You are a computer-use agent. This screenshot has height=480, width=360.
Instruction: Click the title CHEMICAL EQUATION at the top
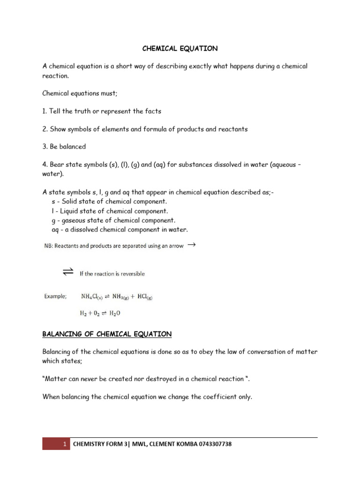[x=180, y=48]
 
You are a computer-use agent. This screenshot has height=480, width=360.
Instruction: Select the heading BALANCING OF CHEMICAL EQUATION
[x=107, y=334]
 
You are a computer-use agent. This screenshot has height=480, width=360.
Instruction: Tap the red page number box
[x=56, y=444]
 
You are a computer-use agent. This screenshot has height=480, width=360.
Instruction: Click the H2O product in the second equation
[x=117, y=313]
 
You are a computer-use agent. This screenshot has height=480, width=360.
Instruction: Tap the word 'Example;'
[x=55, y=296]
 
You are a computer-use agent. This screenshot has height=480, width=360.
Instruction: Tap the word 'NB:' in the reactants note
[x=48, y=246]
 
